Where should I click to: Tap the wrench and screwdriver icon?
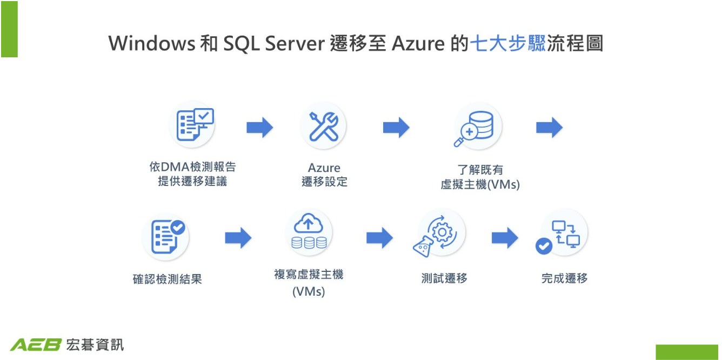point(323,126)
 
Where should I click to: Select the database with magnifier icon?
point(476,127)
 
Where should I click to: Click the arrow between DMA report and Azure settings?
point(259,128)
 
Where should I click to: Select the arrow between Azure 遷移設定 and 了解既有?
point(396,128)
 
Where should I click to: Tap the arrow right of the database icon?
point(549,128)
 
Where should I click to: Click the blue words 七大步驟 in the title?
point(508,43)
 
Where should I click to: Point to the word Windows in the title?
point(152,43)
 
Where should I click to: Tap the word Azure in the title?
point(418,43)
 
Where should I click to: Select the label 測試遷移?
point(444,278)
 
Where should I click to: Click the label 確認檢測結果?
point(167,279)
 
